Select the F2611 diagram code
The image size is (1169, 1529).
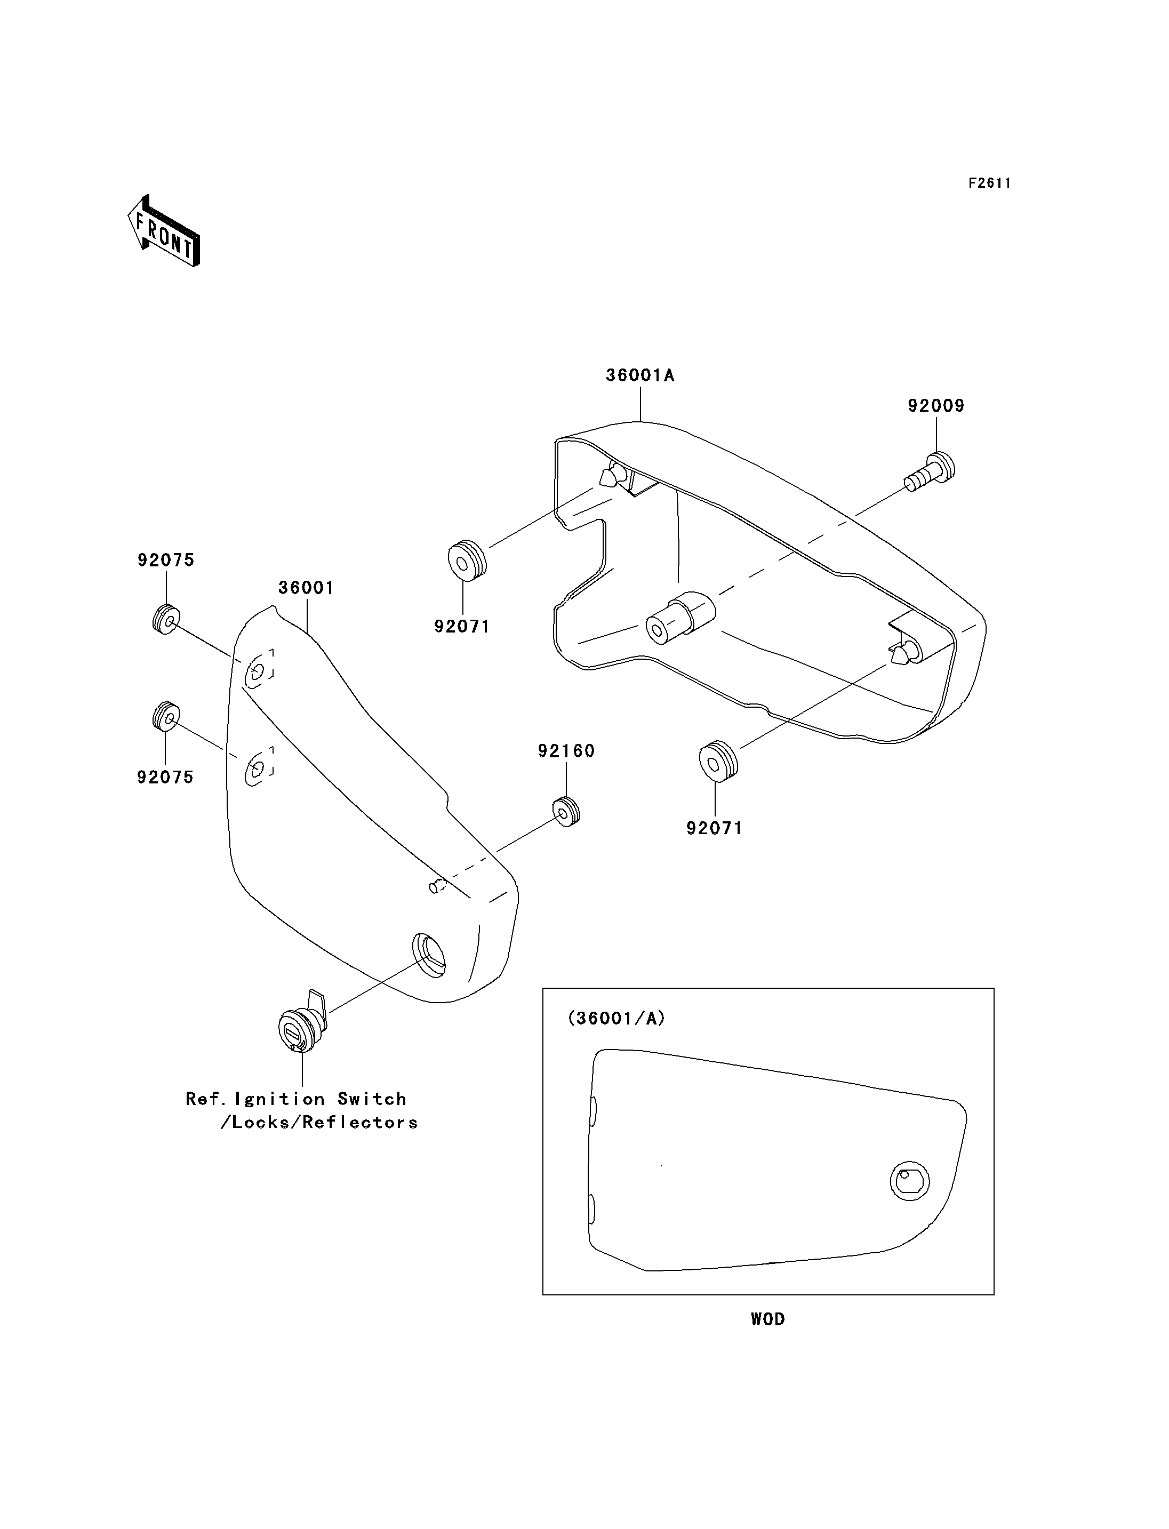pos(989,183)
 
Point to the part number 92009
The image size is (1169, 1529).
pos(936,406)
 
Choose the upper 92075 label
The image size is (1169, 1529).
pos(166,560)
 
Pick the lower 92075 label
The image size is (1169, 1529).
pos(165,778)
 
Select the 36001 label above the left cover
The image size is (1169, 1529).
pos(306,588)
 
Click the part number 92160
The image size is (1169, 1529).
pos(566,751)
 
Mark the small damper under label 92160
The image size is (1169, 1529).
pos(566,812)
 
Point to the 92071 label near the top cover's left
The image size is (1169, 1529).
pos(462,626)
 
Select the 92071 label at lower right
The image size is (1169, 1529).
pos(715,828)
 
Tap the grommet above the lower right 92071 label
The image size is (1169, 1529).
pos(717,762)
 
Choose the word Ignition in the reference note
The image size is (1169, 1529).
pos(280,1099)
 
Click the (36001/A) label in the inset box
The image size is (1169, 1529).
pos(616,1018)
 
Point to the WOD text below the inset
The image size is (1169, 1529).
pos(767,1319)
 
